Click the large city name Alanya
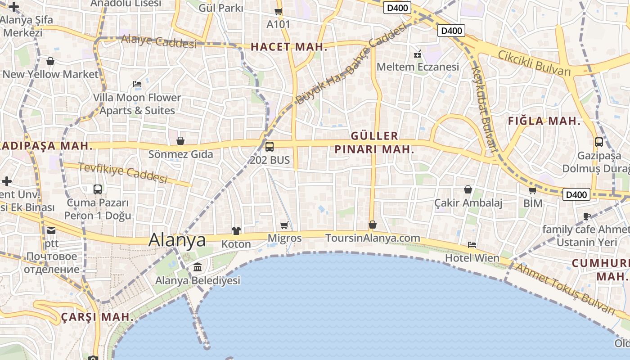pyautogui.click(x=177, y=239)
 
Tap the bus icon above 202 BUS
pyautogui.click(x=270, y=146)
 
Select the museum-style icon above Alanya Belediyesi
pyautogui.click(x=198, y=268)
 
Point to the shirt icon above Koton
pyautogui.click(x=236, y=231)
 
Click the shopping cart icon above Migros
pyautogui.click(x=284, y=225)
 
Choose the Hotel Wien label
pyautogui.click(x=472, y=258)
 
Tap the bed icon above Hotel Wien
pyautogui.click(x=472, y=245)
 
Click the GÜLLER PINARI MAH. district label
pyautogui.click(x=374, y=143)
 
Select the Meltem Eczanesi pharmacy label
pyautogui.click(x=418, y=67)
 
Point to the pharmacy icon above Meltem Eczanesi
pyautogui.click(x=418, y=54)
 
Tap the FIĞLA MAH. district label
pyautogui.click(x=544, y=121)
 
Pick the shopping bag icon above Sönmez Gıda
pyautogui.click(x=180, y=141)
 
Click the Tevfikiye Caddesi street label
pyautogui.click(x=123, y=173)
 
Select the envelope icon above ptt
pyautogui.click(x=51, y=230)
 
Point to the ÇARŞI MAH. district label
pyautogui.click(x=98, y=317)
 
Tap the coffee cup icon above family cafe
pyautogui.click(x=587, y=216)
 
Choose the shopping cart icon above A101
pyautogui.click(x=279, y=11)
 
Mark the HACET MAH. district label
pyautogui.click(x=289, y=47)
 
